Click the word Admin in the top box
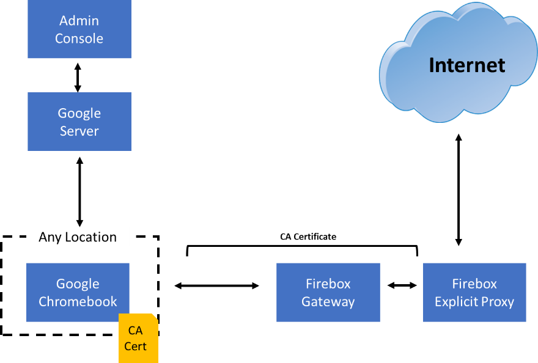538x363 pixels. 79,21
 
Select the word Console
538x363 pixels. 79,38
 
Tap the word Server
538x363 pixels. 79,131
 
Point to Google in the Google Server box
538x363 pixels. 79,114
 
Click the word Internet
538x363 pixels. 466,65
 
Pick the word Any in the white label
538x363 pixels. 50,237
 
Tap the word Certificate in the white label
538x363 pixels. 315,237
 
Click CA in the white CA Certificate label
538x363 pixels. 286,237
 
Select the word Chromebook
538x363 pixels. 78,302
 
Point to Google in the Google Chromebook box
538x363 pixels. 78,284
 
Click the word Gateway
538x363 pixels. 328,302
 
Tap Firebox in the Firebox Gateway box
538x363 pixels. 328,284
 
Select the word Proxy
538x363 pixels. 498,302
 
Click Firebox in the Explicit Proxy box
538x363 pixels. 474,284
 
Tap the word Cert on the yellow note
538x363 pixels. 135,346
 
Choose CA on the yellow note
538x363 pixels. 135,331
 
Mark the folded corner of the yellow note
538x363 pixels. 155,317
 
